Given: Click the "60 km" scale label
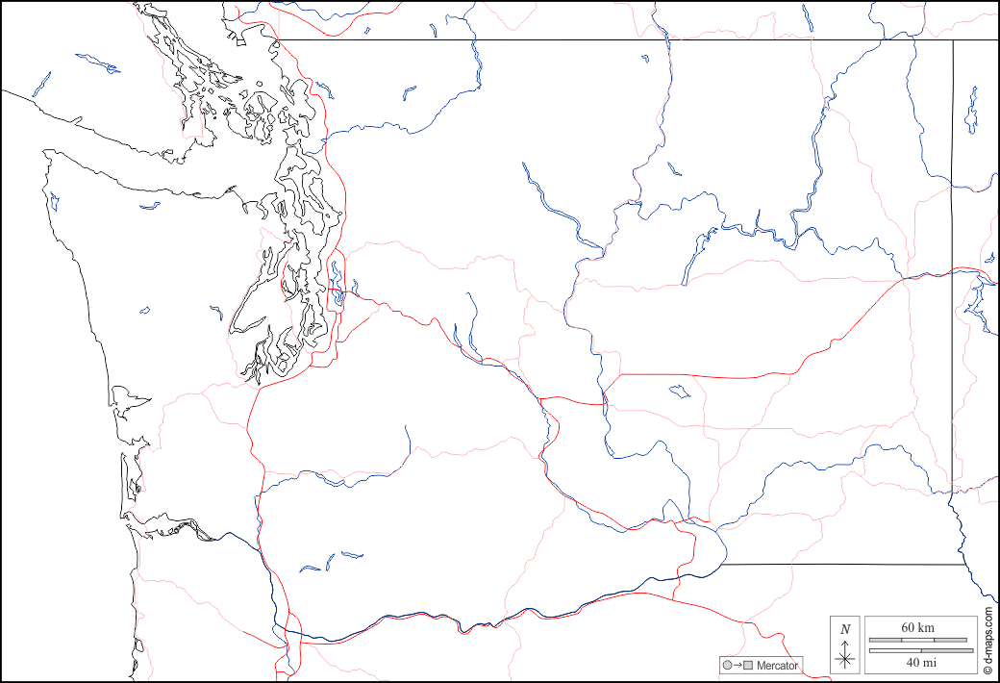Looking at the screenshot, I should click(917, 628).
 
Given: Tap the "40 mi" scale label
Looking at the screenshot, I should click(917, 662).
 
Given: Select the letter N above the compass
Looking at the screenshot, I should click(845, 630).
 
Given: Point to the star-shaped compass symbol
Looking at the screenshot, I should click(845, 658).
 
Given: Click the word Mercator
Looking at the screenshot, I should click(777, 666).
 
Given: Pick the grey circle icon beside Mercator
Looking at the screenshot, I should click(727, 666).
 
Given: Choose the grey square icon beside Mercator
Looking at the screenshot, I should click(747, 666).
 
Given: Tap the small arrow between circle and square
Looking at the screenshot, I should click(737, 666).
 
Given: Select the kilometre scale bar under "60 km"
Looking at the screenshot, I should click(917, 640).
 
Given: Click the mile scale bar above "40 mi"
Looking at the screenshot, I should click(917, 651).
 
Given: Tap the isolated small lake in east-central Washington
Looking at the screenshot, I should click(680, 392).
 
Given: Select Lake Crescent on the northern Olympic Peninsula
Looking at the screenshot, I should click(149, 205).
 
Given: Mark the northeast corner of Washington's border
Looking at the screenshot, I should click(953, 40).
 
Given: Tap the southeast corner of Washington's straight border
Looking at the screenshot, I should click(963, 565).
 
